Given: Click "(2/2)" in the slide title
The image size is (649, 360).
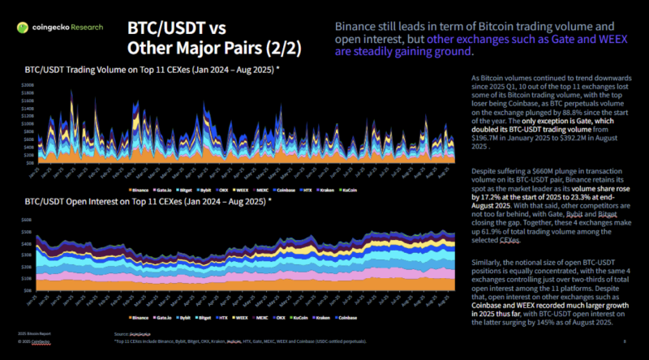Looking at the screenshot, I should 277,48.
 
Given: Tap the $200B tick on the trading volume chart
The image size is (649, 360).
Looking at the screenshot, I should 28,84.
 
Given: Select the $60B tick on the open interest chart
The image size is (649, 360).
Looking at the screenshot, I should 26,218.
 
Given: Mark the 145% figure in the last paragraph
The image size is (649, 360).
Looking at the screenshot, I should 572,322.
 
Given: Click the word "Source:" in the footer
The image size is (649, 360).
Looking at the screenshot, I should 122,334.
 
